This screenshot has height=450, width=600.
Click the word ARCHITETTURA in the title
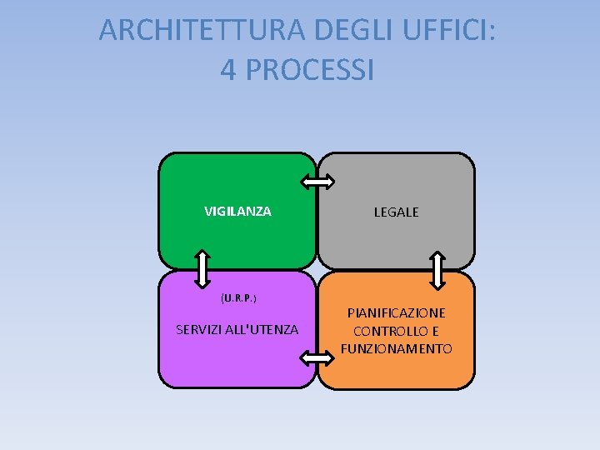point(202,30)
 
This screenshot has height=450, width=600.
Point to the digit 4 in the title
point(229,69)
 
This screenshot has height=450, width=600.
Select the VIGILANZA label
point(237,212)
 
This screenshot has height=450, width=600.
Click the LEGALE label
point(396,212)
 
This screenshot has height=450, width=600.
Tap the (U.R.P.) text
point(238,297)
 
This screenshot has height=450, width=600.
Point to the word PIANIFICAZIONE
point(396,312)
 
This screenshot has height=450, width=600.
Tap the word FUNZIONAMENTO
point(396,348)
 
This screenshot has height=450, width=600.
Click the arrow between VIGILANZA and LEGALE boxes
point(317,182)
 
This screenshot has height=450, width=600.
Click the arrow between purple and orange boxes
point(316,358)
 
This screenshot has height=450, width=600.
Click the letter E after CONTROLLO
point(435,331)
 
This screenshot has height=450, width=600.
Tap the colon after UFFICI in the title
point(498,32)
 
